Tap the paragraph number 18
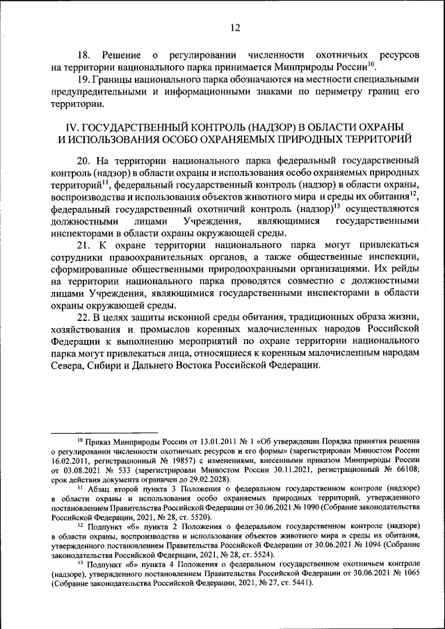point(83,54)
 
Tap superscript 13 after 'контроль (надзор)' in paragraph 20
point(336,205)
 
